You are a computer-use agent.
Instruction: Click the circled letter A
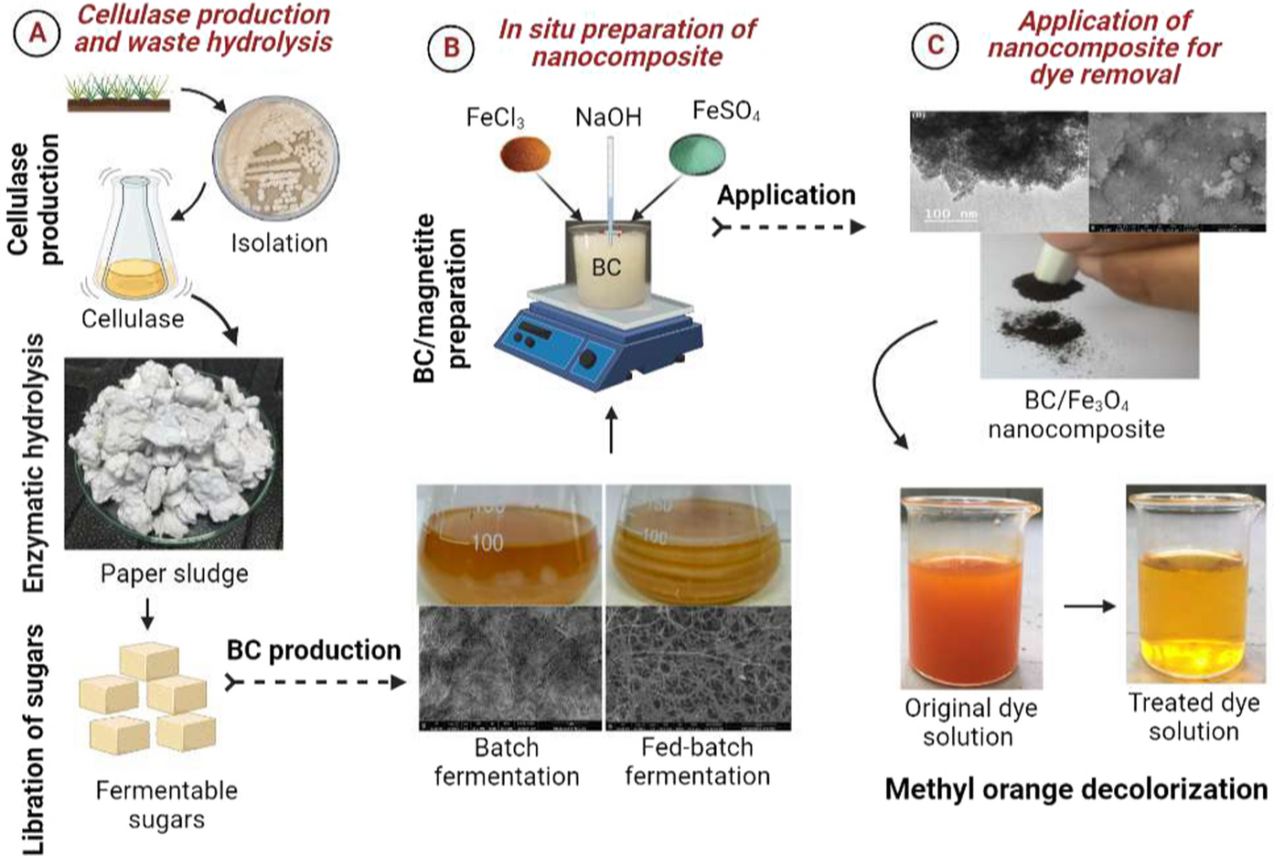click(37, 33)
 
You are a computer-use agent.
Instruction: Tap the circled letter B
click(451, 48)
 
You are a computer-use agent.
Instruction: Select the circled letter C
click(936, 45)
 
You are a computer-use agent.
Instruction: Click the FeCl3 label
click(495, 118)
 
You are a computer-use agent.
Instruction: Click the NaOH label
click(608, 117)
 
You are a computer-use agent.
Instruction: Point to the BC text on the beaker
click(606, 267)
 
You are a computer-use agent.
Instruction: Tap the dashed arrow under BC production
click(315, 682)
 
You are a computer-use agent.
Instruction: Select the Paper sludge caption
click(174, 573)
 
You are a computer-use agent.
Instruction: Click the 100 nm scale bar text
click(950, 214)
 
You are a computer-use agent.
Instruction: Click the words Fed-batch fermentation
click(697, 761)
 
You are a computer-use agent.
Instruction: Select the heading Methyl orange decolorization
click(1076, 789)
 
